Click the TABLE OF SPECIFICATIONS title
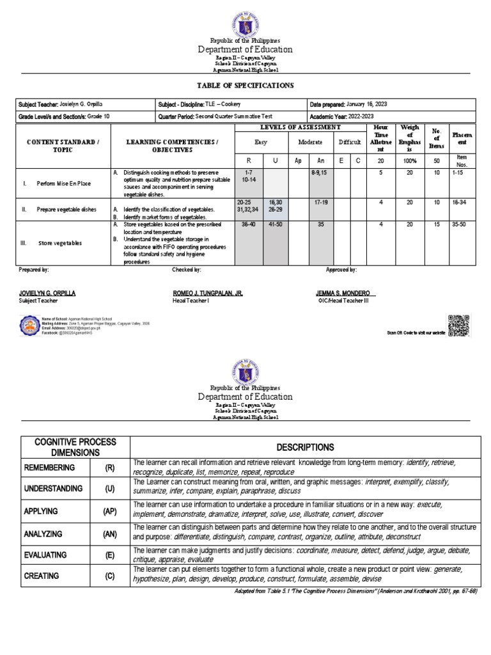click(x=245, y=85)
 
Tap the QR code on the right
click(x=459, y=325)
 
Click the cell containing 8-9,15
click(x=318, y=173)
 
